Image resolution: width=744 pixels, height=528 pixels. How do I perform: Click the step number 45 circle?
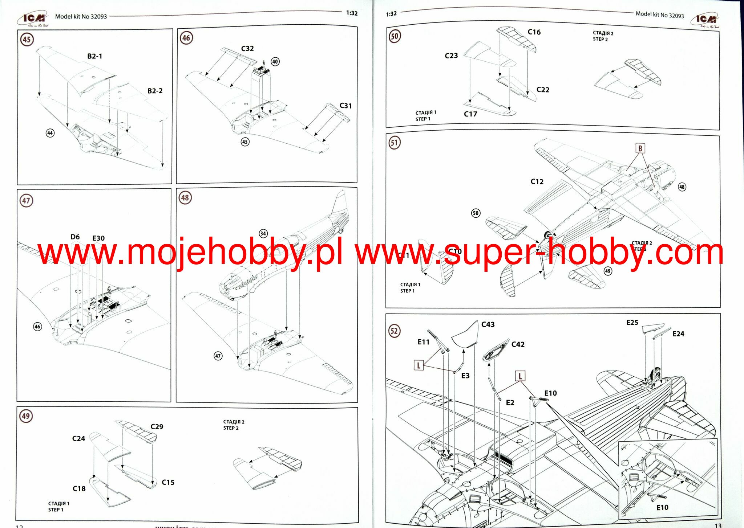[x=27, y=39]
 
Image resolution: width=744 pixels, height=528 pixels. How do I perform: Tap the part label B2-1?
[x=94, y=56]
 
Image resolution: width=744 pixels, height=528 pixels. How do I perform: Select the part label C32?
[x=247, y=49]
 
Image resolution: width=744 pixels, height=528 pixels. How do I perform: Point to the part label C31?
[x=345, y=106]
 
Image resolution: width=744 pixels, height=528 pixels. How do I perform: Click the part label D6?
[x=75, y=237]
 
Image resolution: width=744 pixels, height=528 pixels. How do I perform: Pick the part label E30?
[x=98, y=238]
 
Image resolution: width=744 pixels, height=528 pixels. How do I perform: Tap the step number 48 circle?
[x=185, y=198]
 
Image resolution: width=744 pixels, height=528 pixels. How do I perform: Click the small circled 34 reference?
[x=263, y=233]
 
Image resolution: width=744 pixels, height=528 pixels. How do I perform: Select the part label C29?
[x=157, y=426]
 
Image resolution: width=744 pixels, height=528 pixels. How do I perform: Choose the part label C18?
[x=79, y=488]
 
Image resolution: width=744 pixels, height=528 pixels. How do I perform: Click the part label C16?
[x=534, y=32]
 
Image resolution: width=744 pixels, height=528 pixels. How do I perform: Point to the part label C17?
[x=470, y=114]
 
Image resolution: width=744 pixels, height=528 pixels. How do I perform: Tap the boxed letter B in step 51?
[x=640, y=148]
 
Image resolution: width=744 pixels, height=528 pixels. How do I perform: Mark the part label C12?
[x=537, y=181]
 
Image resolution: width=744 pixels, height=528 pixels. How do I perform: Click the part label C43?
[x=488, y=324]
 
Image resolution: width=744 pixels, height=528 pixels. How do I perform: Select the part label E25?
[x=632, y=323]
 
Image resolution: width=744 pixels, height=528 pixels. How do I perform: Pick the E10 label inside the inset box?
[x=662, y=507]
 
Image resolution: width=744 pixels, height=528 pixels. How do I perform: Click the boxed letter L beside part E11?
[x=418, y=365]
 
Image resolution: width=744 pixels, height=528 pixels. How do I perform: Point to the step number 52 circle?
[x=394, y=331]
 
